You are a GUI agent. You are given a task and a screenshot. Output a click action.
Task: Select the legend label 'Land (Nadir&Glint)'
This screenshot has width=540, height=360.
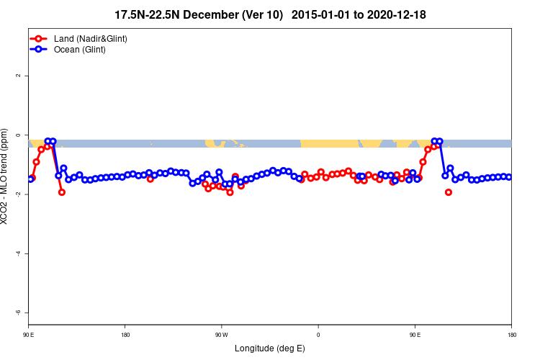pyautogui.click(x=91, y=38)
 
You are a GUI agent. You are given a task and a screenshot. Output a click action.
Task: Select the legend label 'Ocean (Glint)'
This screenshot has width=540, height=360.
pyautogui.click(x=80, y=50)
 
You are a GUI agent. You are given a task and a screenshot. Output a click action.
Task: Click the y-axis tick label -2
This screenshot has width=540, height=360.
pyautogui.click(x=19, y=194)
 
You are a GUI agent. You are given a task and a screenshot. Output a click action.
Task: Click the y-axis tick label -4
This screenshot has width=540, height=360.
pyautogui.click(x=19, y=253)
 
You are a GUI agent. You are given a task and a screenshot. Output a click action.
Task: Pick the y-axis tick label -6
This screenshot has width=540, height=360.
pyautogui.click(x=19, y=312)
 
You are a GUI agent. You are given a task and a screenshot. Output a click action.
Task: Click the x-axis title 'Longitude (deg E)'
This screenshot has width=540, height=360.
pyautogui.click(x=270, y=349)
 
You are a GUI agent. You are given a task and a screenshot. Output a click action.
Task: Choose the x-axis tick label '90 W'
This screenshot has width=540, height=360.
pyautogui.click(x=221, y=335)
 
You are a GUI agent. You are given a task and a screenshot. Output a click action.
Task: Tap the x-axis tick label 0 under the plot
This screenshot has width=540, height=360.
pyautogui.click(x=318, y=335)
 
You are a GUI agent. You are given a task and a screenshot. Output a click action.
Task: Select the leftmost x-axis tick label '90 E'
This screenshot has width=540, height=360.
pyautogui.click(x=29, y=335)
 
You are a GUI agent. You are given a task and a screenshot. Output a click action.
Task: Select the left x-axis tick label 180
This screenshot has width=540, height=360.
pyautogui.click(x=125, y=335)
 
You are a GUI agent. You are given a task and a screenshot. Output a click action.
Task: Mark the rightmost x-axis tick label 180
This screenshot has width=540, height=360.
pyautogui.click(x=511, y=335)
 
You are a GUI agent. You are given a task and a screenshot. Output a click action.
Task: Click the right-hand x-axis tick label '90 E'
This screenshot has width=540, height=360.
pyautogui.click(x=415, y=335)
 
